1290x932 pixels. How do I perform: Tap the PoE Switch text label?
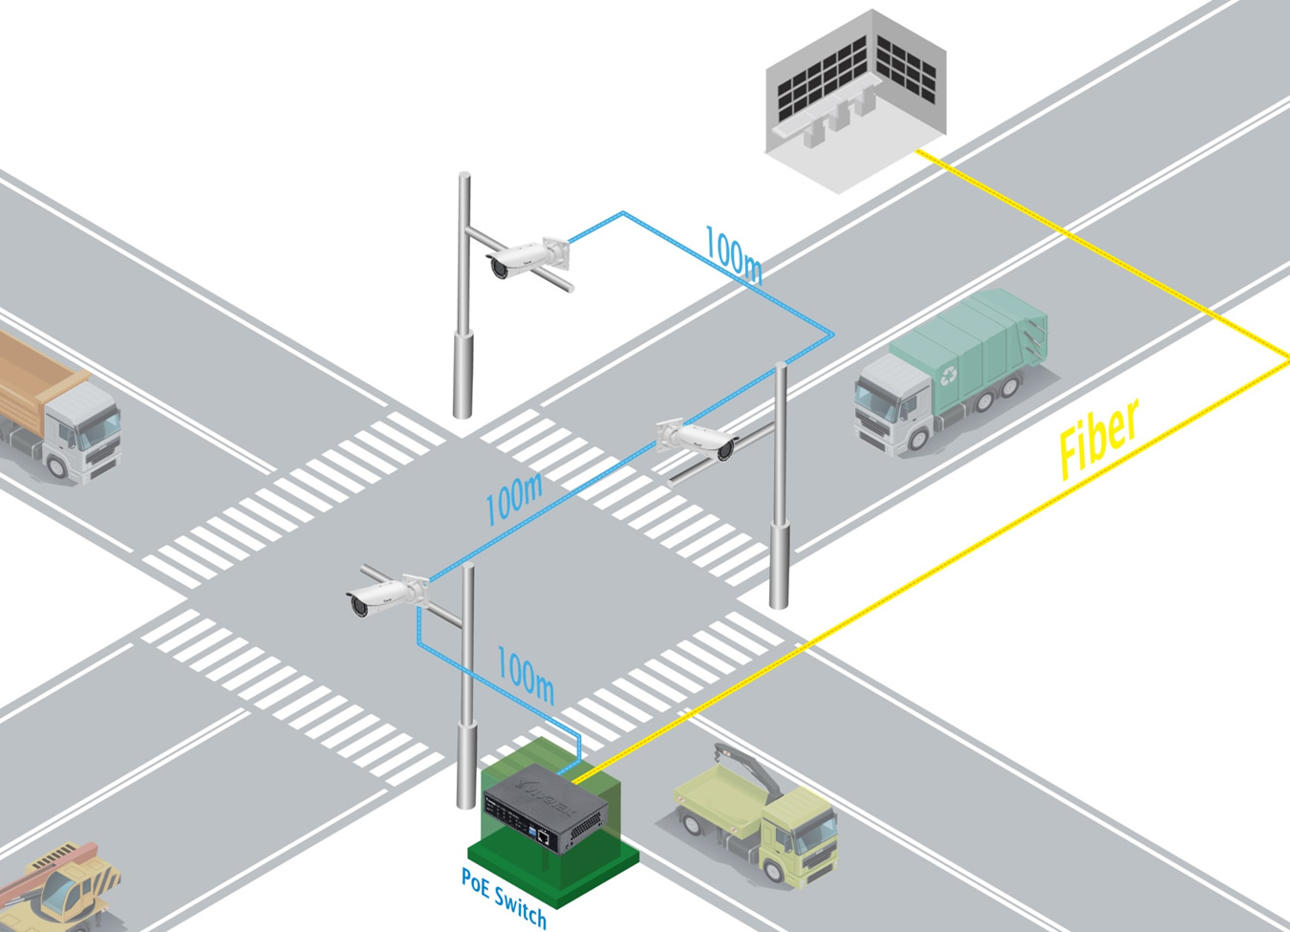[504, 897]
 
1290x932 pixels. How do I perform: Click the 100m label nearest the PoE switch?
[525, 673]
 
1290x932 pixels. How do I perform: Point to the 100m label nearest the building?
[733, 254]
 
